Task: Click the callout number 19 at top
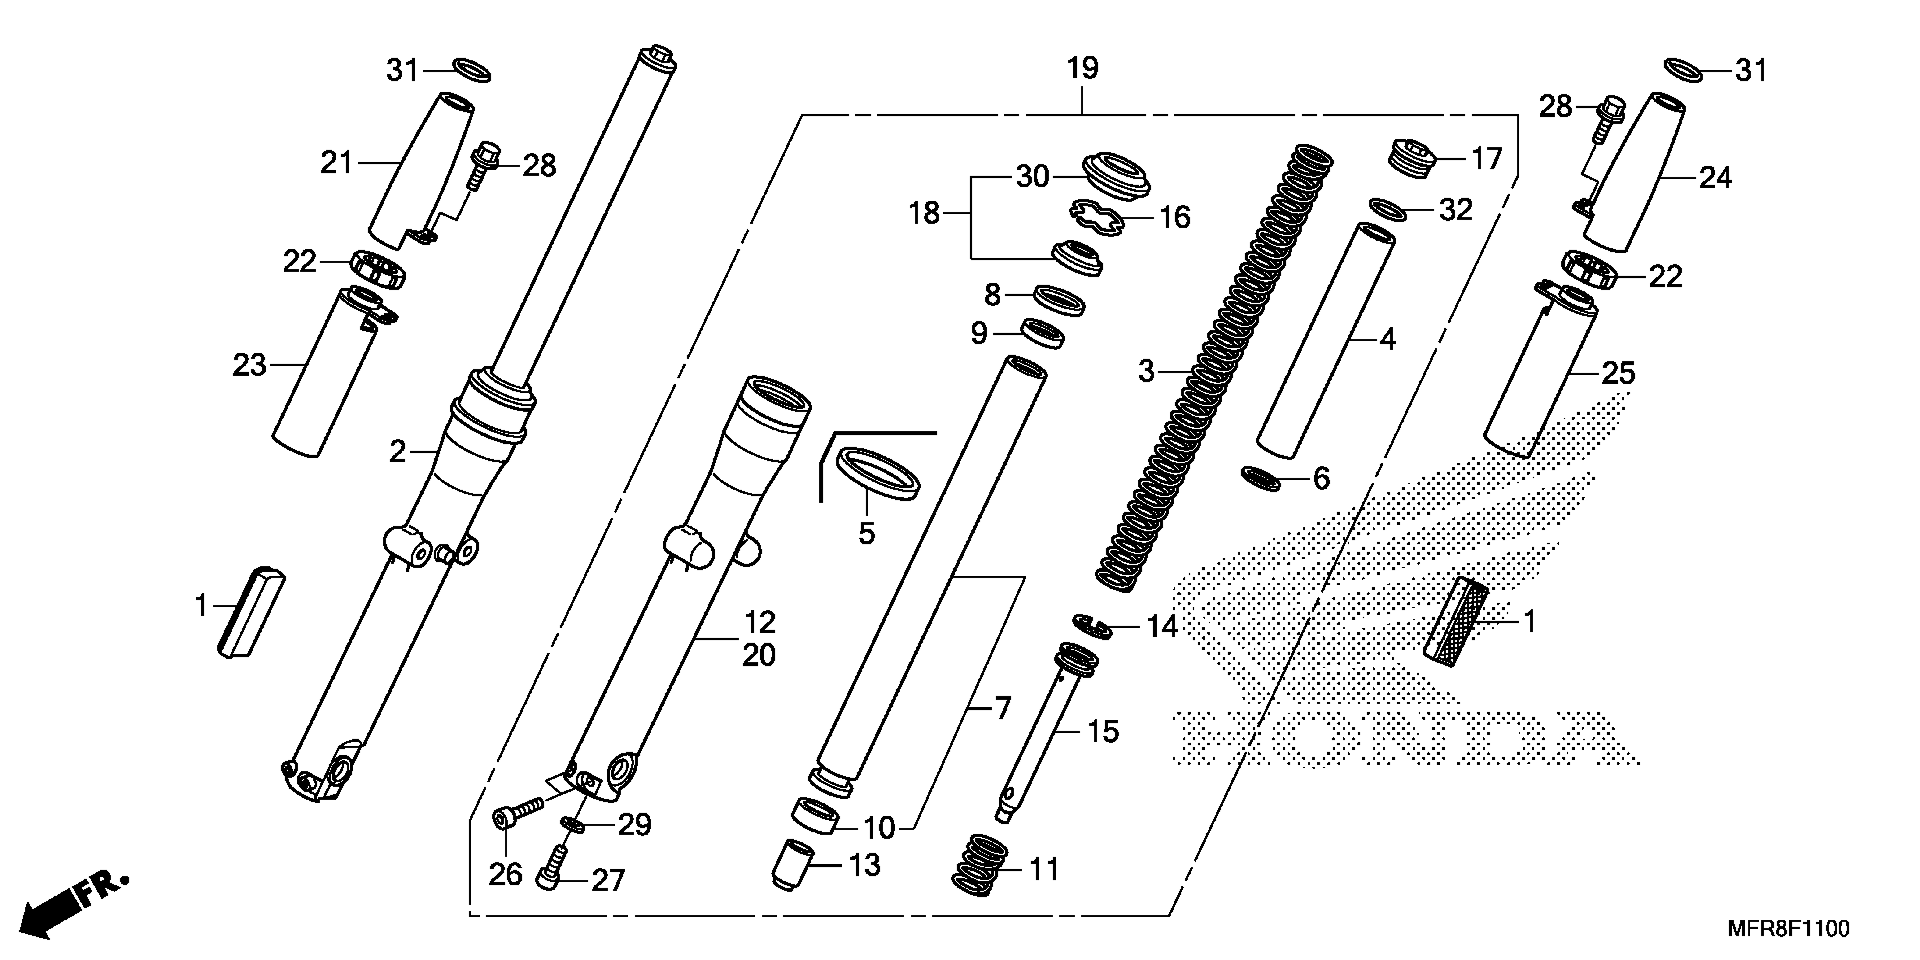1082,68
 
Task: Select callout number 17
1486,159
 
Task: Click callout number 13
865,865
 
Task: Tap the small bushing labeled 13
793,862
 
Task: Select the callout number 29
634,824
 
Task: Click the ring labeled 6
1260,478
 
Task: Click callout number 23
249,365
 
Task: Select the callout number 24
1715,177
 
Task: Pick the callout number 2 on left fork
397,451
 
